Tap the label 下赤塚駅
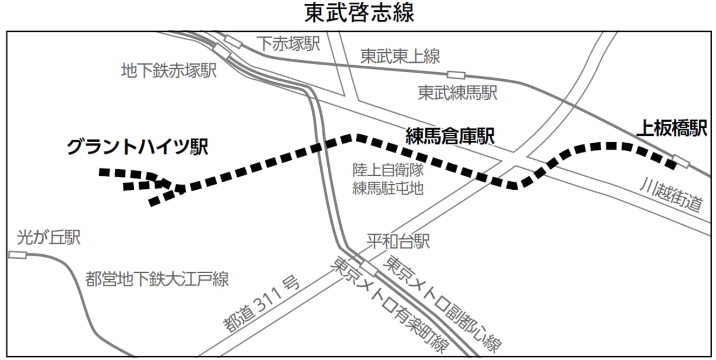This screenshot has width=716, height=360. click(x=288, y=44)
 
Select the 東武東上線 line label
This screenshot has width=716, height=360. click(x=400, y=56)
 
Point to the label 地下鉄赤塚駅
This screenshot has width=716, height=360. click(x=169, y=70)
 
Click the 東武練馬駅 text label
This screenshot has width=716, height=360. click(x=457, y=94)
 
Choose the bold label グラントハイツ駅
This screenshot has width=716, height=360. click(x=137, y=147)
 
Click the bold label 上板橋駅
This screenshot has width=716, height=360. click(x=671, y=129)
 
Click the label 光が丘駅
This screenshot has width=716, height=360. click(x=49, y=237)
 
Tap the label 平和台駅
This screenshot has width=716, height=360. click(x=398, y=241)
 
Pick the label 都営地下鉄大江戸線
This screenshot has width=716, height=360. click(x=157, y=279)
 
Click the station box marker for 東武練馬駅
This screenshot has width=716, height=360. click(x=456, y=75)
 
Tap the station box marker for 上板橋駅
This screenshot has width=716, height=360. click(x=680, y=162)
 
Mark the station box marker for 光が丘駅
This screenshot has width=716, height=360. click(x=17, y=254)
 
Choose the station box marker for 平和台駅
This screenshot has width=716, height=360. click(x=369, y=268)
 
